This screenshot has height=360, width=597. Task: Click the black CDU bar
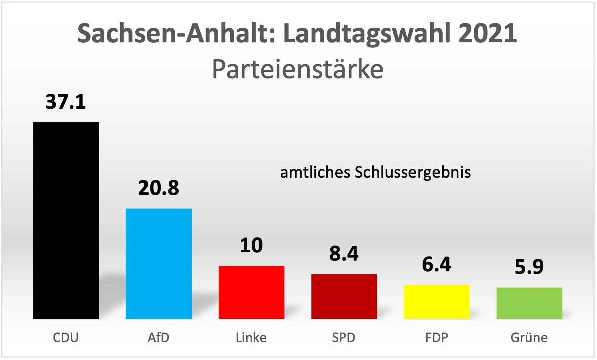click(x=66, y=220)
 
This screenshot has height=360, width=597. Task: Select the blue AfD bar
click(x=158, y=263)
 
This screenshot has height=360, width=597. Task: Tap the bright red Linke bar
click(x=251, y=292)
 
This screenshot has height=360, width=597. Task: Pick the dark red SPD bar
click(x=344, y=296)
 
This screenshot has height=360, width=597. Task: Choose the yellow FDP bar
click(x=437, y=301)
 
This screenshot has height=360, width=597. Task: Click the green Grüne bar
click(x=529, y=303)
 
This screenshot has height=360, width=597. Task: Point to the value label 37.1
click(x=66, y=102)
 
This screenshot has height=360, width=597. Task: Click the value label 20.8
click(x=158, y=188)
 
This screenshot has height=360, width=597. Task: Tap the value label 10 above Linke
click(x=251, y=246)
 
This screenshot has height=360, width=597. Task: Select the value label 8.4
click(x=344, y=253)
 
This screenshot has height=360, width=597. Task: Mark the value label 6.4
click(x=437, y=264)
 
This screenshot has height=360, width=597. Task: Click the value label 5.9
click(x=529, y=267)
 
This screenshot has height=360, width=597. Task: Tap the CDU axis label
click(x=66, y=337)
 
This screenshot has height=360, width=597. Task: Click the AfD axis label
click(x=158, y=337)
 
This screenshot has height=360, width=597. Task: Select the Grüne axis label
click(x=529, y=338)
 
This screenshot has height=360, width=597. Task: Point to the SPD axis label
click(x=344, y=337)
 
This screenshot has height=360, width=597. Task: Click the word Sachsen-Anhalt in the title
click(x=176, y=33)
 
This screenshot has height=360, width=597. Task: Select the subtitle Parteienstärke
click(x=298, y=69)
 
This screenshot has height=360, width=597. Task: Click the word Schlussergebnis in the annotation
click(x=412, y=173)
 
